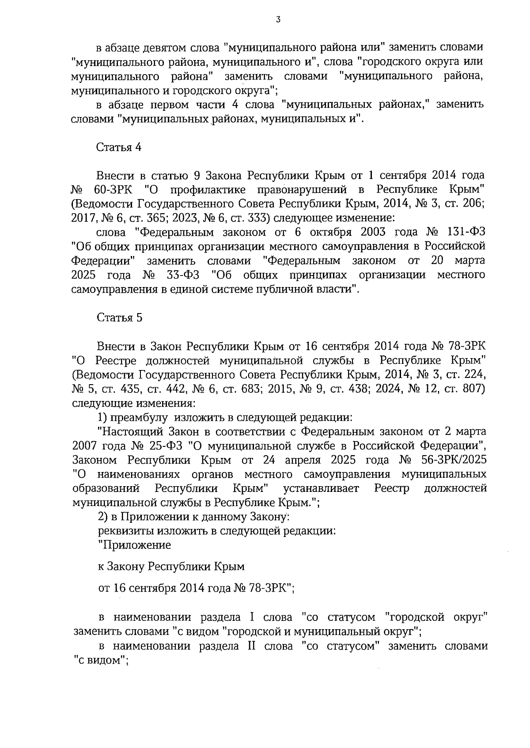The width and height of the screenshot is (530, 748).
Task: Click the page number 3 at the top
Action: pos(277,19)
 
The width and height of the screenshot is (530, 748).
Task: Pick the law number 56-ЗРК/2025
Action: pos(453,460)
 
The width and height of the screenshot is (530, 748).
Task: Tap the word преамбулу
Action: pos(139,417)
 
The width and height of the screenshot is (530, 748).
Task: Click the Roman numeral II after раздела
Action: pos(248,646)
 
